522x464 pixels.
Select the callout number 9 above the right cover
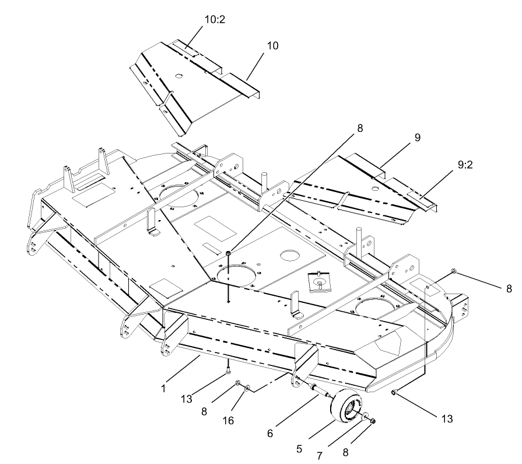(x=418, y=138)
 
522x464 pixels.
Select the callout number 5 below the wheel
(x=299, y=449)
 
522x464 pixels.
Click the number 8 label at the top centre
(x=360, y=129)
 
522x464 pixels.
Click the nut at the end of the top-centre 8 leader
(x=228, y=253)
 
